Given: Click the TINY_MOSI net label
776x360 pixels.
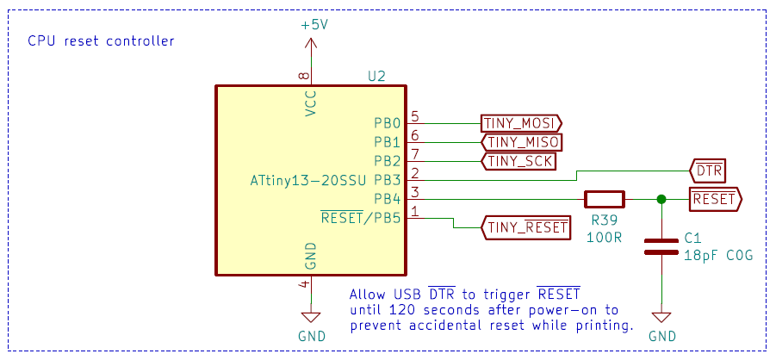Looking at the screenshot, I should coord(520,123).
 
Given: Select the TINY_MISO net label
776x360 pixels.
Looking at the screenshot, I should coord(521,142).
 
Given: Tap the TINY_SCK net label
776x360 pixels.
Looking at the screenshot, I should coord(517,161).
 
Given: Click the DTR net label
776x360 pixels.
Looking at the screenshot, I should coord(708,171).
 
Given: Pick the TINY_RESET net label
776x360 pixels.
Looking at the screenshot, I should coord(526,227).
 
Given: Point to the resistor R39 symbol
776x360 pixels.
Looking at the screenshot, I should coord(605,199).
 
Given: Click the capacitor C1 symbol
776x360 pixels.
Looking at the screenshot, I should coord(661,245).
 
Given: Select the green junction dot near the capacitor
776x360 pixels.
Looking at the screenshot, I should coord(661,199).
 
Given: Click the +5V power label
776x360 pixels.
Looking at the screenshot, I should coord(314,25).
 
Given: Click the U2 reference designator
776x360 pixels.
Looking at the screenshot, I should coord(376,76).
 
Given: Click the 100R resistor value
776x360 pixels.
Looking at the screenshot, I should coord(604,235).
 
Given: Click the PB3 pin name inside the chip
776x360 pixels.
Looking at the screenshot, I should coord(387,180).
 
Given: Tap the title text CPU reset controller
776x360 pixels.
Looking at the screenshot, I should coord(101,40).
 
